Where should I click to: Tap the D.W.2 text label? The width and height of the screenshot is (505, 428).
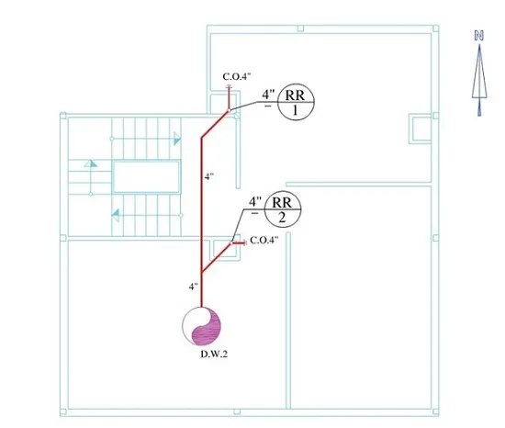(214, 354)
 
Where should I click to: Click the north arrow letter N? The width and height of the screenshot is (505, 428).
(479, 36)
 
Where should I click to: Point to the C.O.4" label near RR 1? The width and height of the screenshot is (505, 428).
(237, 76)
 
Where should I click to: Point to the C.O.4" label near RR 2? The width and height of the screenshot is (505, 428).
(264, 241)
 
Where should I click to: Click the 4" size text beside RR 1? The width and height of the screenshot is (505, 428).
(268, 95)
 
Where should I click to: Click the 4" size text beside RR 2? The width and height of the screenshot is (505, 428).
(255, 202)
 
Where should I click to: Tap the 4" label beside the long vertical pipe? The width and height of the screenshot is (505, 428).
(209, 176)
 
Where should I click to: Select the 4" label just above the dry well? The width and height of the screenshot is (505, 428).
(193, 287)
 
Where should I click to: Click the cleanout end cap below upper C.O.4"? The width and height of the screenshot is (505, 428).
(229, 86)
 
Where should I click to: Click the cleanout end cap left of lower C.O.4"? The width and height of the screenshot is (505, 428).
(245, 243)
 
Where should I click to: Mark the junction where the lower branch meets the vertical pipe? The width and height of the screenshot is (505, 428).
(202, 272)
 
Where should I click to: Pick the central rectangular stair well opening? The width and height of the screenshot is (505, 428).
(146, 177)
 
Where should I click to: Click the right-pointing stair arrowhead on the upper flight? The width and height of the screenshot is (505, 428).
(177, 139)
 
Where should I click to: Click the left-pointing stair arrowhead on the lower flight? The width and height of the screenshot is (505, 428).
(115, 215)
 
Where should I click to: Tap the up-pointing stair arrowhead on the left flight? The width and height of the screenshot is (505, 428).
(91, 163)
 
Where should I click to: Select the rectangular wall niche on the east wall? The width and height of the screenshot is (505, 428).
(420, 129)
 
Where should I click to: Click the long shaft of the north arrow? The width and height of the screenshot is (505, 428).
(479, 80)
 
